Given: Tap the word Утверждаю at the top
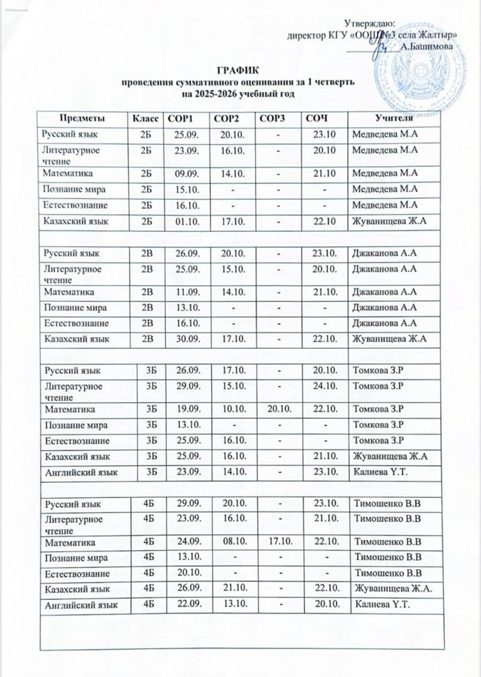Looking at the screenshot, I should point(374,24).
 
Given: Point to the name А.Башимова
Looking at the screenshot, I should point(426,46).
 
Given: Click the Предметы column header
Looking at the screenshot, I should point(85,118).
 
